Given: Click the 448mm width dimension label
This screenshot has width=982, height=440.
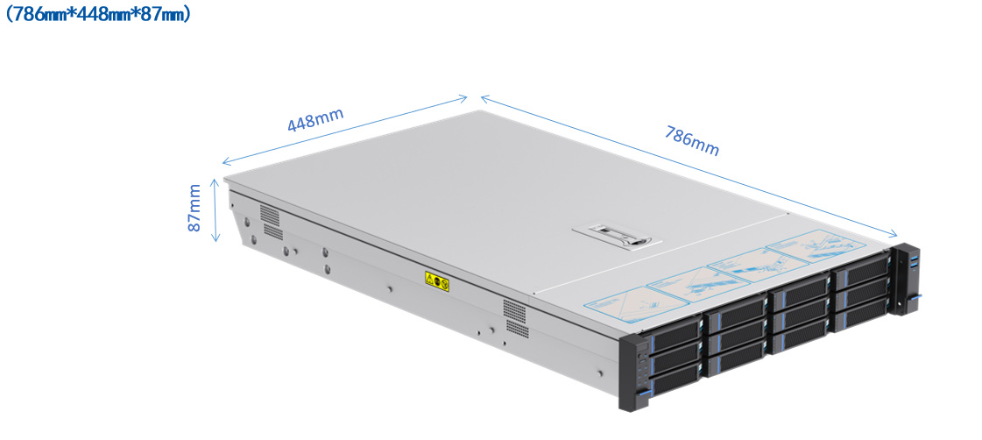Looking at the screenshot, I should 315,120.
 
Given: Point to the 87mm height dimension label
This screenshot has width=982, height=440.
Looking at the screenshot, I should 194,208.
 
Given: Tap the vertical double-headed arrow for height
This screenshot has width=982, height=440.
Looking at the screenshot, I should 215,209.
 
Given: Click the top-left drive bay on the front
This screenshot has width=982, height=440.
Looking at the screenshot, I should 675,332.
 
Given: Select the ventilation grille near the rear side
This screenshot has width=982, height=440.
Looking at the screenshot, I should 272,224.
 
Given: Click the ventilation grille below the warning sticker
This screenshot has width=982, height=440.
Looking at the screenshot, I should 515,317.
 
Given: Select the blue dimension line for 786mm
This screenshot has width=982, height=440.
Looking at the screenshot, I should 688,166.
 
